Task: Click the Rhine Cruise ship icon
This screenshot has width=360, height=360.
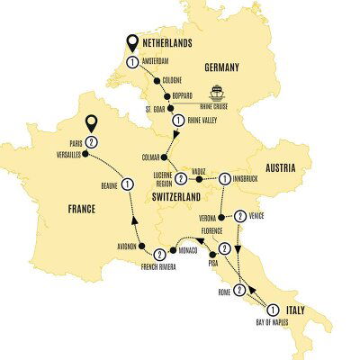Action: point(221,91)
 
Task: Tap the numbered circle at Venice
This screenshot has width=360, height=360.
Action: point(240,215)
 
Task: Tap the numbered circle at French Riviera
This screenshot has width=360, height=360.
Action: point(158,255)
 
